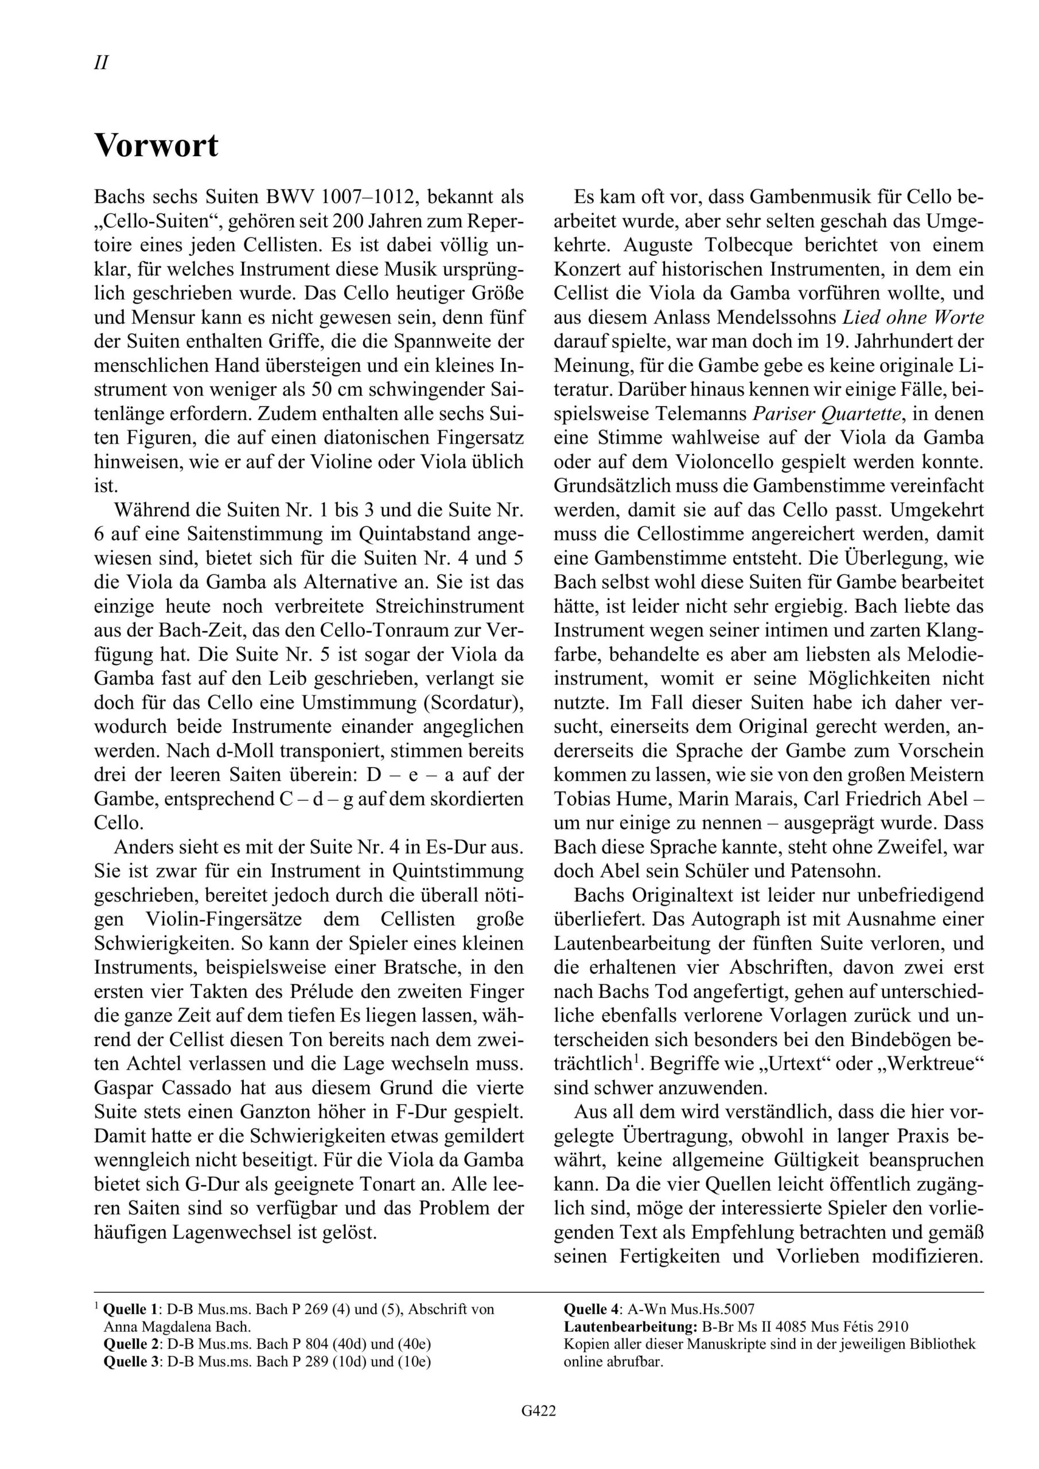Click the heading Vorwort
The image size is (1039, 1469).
pyautogui.click(x=156, y=146)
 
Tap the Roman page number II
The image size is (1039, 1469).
pyautogui.click(x=101, y=63)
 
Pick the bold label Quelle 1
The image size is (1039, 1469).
pyautogui.click(x=130, y=1309)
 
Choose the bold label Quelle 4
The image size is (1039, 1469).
pyautogui.click(x=590, y=1309)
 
